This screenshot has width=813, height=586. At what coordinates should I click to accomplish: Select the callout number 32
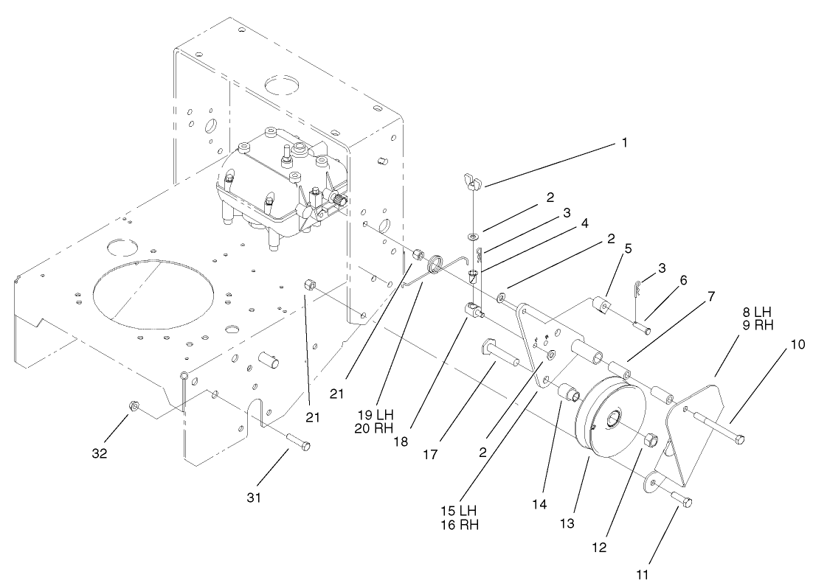click(x=99, y=453)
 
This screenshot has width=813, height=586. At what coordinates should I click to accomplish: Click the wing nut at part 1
click(x=470, y=178)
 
